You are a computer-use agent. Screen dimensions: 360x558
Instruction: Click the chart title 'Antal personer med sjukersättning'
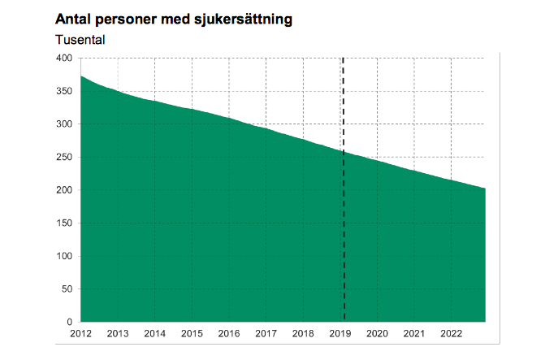[x=174, y=18]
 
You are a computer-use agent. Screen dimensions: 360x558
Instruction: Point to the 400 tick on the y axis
[x=64, y=59]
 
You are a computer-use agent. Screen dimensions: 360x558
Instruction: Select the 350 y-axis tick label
[x=64, y=91]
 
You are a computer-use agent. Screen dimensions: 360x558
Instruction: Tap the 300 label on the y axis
[x=64, y=124]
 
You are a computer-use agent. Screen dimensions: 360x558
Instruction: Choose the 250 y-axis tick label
[x=64, y=157]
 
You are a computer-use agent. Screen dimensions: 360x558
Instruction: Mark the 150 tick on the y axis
[x=64, y=223]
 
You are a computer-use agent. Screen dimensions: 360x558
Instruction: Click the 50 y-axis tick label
[x=67, y=289]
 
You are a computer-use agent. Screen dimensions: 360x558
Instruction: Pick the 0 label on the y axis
[x=70, y=322]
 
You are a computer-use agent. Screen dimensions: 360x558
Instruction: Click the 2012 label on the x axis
[x=80, y=334]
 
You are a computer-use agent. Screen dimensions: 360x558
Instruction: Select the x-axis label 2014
[x=154, y=334]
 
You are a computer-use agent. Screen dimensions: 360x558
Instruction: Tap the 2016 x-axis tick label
[x=229, y=334]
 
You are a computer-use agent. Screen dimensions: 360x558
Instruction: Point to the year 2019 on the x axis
[x=340, y=334]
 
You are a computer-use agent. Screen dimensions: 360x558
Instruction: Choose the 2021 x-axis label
[x=415, y=334]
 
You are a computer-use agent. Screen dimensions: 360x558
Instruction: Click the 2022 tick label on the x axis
[x=452, y=334]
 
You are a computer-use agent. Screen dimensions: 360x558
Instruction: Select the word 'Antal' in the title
[x=72, y=18]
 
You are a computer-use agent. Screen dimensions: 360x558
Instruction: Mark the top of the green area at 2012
[x=81, y=76]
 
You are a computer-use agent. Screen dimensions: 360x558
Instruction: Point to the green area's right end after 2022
[x=484, y=189]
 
